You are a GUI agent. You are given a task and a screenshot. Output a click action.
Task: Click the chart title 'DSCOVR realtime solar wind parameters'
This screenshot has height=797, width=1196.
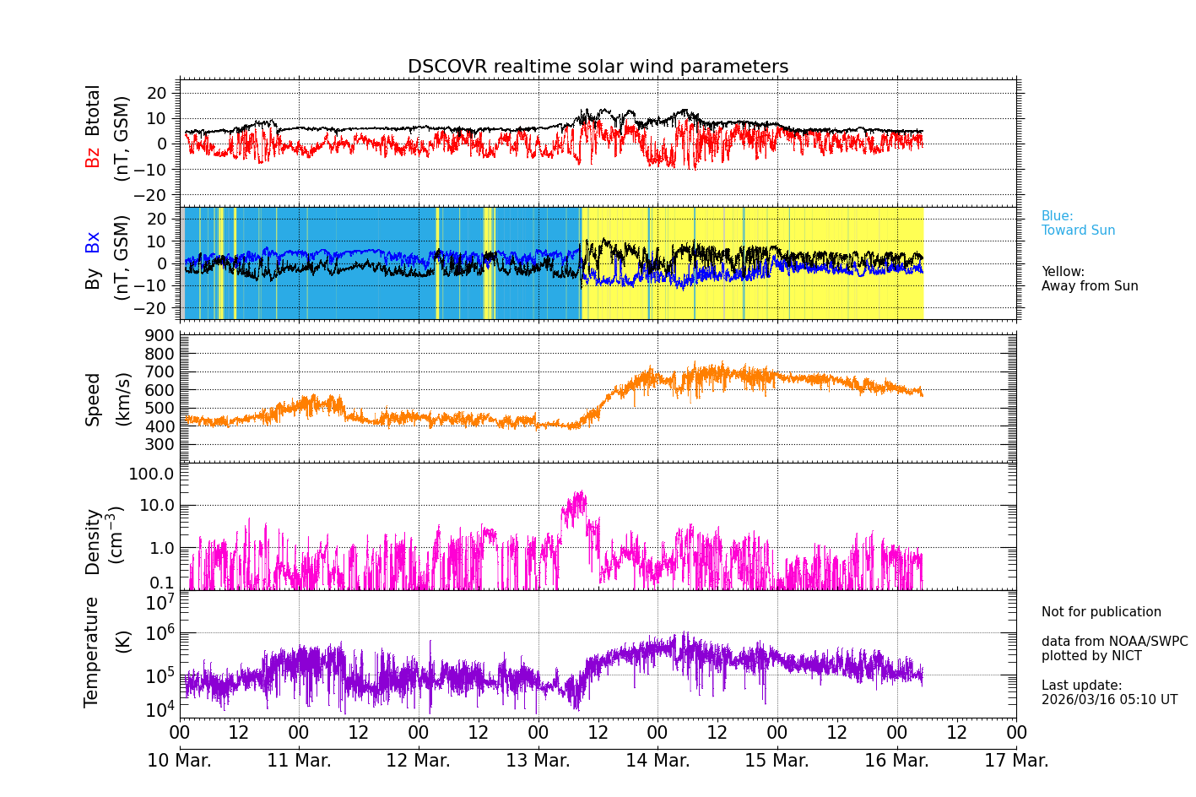(x=598, y=67)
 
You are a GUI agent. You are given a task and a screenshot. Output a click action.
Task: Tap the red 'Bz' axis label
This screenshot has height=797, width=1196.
(x=92, y=157)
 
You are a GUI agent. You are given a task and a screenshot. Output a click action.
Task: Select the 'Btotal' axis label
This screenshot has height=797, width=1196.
(x=92, y=110)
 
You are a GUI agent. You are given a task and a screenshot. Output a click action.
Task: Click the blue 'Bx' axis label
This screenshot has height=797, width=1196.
(x=92, y=241)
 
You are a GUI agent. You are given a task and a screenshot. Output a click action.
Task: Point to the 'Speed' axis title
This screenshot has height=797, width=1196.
(x=92, y=398)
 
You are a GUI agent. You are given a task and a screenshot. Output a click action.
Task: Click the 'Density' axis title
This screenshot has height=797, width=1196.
(x=92, y=541)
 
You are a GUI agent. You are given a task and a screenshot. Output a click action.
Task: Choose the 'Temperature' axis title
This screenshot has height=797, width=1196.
(x=91, y=651)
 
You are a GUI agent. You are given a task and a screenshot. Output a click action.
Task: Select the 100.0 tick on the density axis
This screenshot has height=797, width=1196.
(x=151, y=474)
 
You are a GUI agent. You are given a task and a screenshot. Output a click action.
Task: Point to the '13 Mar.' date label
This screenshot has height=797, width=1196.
(x=538, y=760)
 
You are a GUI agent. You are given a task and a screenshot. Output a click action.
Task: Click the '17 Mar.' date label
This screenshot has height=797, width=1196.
(x=1016, y=760)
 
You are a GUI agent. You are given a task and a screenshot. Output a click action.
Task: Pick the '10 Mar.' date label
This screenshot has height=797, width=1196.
(x=180, y=760)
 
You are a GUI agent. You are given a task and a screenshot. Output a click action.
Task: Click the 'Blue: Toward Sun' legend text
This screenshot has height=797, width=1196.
(x=1078, y=223)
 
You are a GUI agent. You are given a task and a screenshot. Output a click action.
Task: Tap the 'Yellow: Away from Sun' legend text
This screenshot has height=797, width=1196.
(x=1089, y=279)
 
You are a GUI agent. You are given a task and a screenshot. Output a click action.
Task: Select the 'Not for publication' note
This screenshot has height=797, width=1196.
(x=1101, y=612)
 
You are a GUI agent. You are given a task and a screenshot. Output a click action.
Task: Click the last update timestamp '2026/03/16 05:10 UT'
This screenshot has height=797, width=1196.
(x=1109, y=700)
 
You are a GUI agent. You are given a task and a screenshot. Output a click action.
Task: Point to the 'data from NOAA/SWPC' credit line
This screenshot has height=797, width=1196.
(x=1114, y=642)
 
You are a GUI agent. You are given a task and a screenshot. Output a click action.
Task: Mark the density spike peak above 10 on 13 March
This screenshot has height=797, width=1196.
(x=580, y=493)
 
